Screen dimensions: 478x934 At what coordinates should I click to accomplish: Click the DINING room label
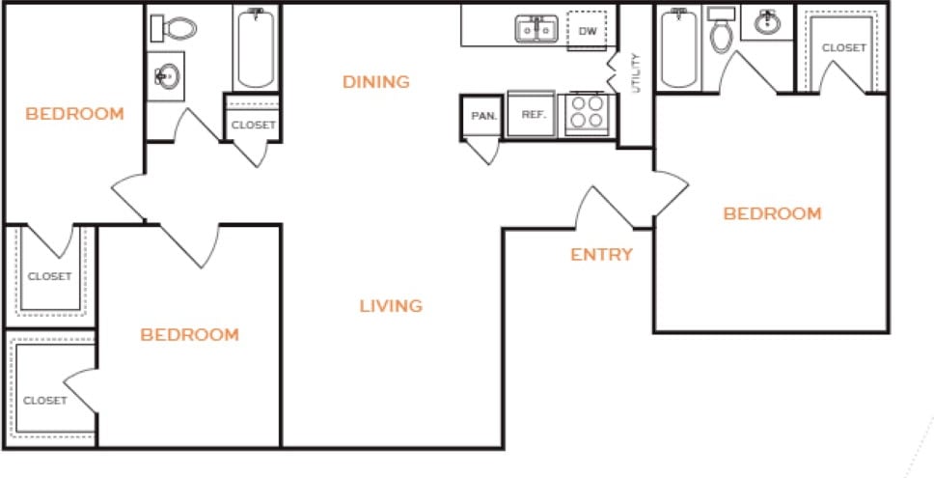[376, 82]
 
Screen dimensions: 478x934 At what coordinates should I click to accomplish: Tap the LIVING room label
[391, 306]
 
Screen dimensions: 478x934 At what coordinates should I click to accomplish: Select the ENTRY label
[601, 255]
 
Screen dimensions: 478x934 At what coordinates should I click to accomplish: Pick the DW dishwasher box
[588, 32]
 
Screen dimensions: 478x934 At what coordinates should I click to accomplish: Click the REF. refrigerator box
[534, 114]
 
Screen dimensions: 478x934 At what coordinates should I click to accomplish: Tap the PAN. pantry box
[482, 115]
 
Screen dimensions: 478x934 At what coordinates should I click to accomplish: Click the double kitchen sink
[535, 30]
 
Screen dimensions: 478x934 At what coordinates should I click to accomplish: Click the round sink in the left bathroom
[168, 75]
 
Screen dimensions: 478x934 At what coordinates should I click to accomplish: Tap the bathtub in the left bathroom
[256, 46]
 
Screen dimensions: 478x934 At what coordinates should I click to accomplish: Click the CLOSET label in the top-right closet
[843, 47]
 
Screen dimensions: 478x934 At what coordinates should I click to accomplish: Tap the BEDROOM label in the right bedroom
[772, 213]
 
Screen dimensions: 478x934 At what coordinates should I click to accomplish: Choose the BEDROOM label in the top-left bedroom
[74, 114]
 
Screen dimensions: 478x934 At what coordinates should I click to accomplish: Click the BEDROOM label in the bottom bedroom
[189, 335]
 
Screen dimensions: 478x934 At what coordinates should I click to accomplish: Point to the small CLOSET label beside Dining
[254, 125]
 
